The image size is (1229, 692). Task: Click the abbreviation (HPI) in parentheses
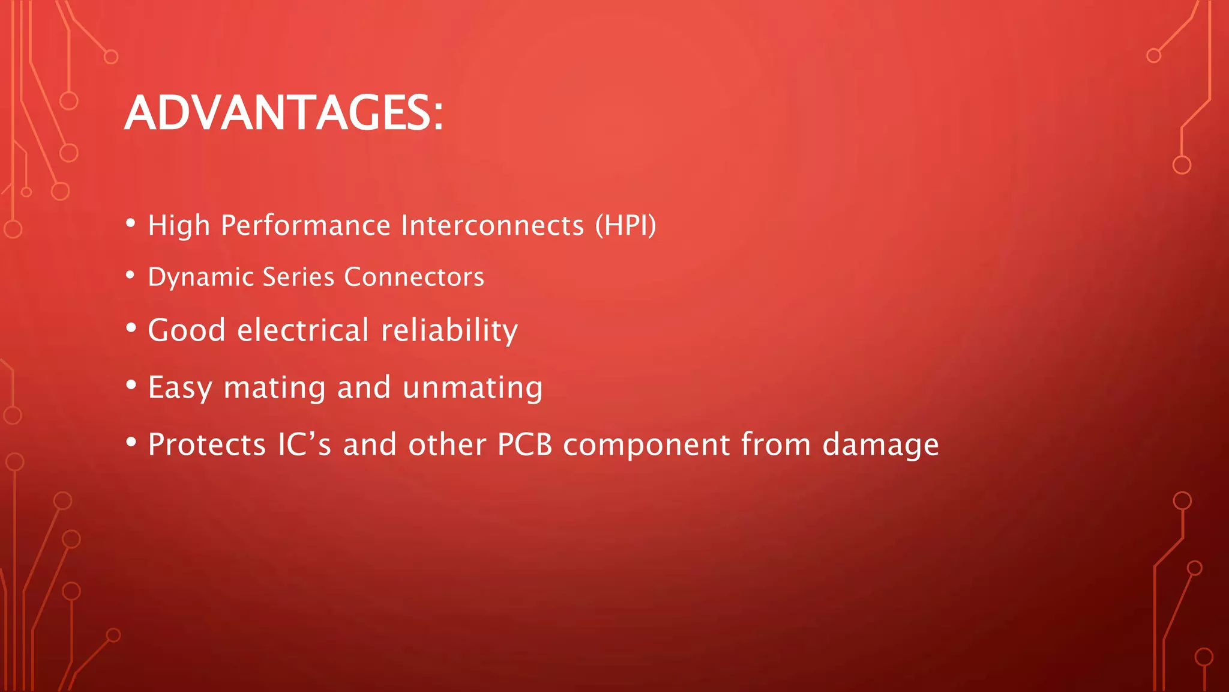pos(626,226)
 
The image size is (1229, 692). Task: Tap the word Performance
pos(305,226)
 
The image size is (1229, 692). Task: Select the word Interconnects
pos(492,226)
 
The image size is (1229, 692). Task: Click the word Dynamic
pos(201,278)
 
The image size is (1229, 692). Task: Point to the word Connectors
pos(414,277)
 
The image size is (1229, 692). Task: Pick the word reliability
pos(449,331)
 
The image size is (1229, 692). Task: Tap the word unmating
pos(473,387)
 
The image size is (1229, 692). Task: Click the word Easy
pos(179,388)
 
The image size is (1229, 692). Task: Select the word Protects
pos(206,445)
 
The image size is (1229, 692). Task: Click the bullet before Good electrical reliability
pos(131,329)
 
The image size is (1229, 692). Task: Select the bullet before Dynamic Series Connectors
pos(131,275)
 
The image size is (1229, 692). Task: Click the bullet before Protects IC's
pos(131,443)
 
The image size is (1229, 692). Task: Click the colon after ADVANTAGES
pos(438,115)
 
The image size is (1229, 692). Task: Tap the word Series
pos(298,277)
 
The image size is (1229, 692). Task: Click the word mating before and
pos(275,388)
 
